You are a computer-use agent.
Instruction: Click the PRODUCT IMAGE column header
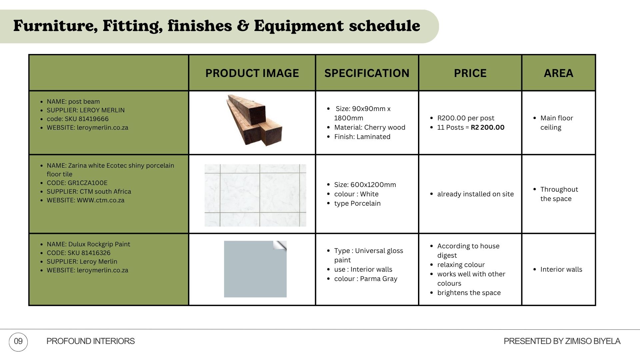252,73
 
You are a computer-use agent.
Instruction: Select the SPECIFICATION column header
367,73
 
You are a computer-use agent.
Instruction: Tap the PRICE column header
470,73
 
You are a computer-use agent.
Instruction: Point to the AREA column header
558,73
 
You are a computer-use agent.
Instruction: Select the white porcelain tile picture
255,195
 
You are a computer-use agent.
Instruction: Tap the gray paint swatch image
255,269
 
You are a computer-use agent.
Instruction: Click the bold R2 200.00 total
487,127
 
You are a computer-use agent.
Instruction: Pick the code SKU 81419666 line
78,119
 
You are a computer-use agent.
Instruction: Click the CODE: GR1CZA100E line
77,183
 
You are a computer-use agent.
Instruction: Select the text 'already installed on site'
475,194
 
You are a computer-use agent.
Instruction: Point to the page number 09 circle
18,342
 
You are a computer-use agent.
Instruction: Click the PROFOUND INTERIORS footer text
90,341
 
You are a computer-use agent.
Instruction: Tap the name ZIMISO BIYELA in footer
593,341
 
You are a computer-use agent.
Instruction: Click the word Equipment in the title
299,26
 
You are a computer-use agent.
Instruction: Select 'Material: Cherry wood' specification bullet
370,127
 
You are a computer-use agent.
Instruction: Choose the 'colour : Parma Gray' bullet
366,279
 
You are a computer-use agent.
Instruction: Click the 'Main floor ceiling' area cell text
557,123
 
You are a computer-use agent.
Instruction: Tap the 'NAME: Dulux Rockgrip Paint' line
88,244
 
